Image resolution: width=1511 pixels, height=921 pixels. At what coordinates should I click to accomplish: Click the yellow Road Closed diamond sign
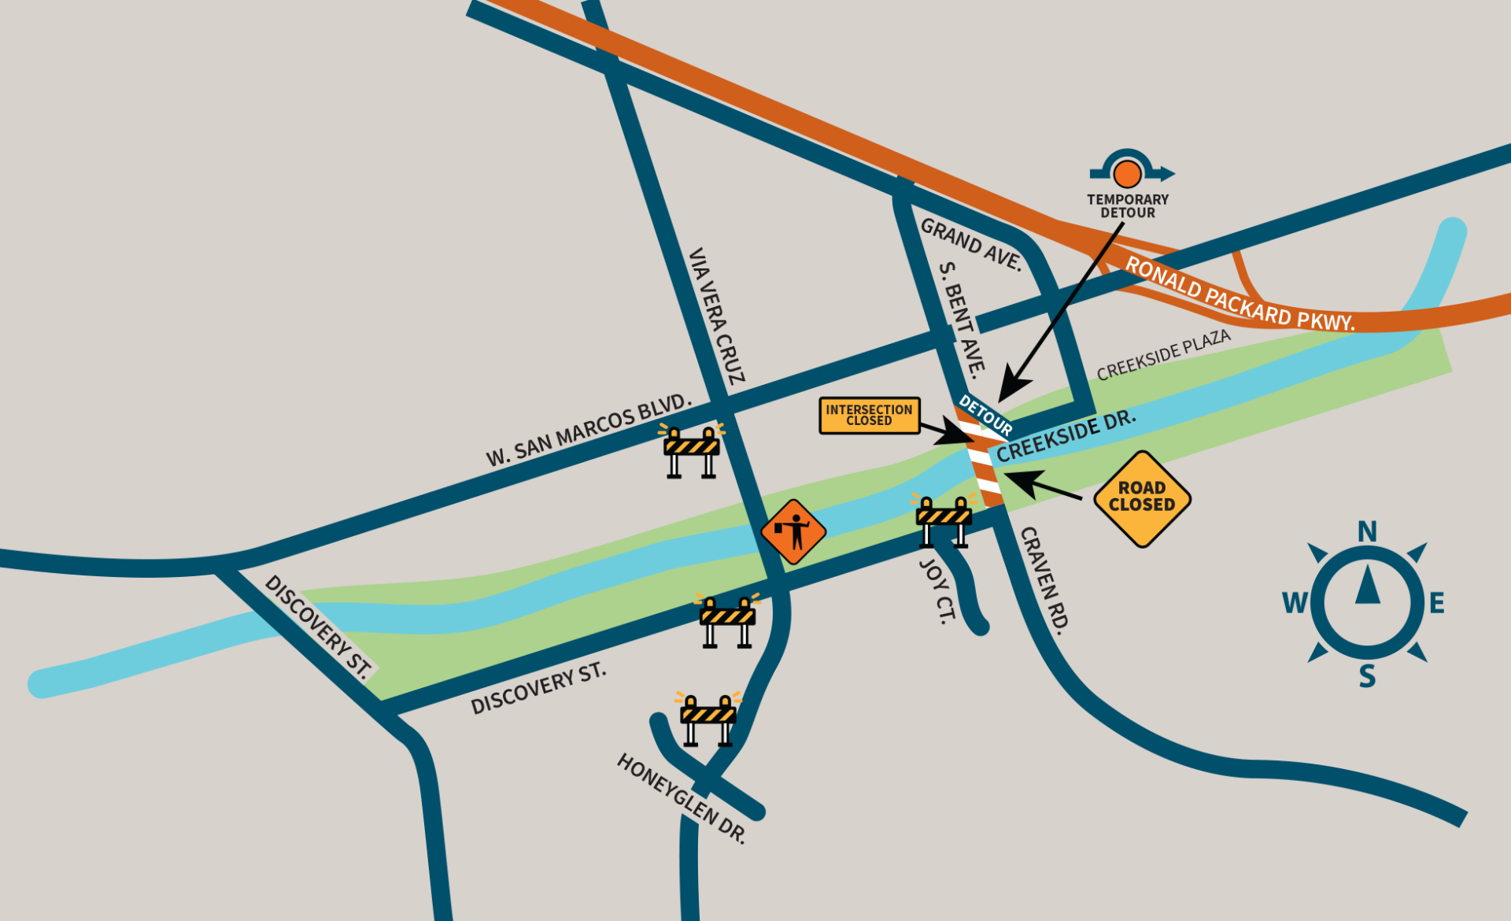point(1142,498)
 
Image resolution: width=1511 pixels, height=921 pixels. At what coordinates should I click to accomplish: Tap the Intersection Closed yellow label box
point(869,415)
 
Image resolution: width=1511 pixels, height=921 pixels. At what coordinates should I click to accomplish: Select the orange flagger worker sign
point(793,531)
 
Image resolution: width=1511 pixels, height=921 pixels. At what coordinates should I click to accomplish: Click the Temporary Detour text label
point(1128,206)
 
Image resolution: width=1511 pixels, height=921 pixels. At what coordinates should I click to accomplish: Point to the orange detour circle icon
point(1128,173)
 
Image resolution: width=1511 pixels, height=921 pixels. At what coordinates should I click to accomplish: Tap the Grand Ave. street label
point(971,244)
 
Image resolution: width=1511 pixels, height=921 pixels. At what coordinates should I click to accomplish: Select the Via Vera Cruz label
point(716,316)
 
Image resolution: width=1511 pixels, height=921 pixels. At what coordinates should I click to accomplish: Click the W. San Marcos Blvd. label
point(588,431)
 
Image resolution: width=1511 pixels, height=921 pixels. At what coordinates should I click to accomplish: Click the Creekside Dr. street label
point(1066,435)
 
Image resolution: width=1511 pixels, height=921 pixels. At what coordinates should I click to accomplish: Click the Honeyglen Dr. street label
point(682,798)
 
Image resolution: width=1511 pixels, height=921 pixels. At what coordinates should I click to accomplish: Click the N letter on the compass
point(1367,532)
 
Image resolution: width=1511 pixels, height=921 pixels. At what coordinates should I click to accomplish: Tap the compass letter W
point(1295,603)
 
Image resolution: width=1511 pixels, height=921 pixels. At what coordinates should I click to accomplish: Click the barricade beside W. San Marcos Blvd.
point(692,451)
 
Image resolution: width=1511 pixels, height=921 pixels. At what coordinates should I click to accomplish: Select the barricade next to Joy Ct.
point(944,520)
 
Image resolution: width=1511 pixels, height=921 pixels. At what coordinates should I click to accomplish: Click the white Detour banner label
point(985,415)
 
